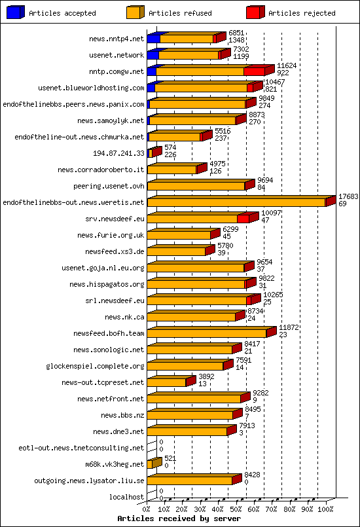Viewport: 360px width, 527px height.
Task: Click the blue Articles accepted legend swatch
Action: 16,12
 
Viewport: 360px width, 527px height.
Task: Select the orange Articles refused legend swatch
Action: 135,12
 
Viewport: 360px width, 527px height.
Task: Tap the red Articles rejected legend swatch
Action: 255,12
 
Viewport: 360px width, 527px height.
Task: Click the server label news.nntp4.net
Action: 116,39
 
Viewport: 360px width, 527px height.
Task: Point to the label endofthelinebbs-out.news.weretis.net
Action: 73,202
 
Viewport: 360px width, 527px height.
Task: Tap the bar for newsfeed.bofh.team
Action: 207,333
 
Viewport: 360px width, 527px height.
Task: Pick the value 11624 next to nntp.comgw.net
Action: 287,66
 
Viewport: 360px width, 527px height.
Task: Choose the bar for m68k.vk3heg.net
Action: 152,464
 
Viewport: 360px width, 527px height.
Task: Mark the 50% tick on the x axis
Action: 236,509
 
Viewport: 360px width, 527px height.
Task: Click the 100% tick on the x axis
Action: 325,509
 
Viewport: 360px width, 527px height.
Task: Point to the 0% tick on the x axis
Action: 147,509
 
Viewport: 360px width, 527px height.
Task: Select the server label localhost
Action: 126,497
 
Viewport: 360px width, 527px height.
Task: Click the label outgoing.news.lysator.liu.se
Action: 89,481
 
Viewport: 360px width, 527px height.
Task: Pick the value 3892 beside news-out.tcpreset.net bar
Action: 207,376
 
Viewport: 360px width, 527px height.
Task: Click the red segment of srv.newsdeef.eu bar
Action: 243,219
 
